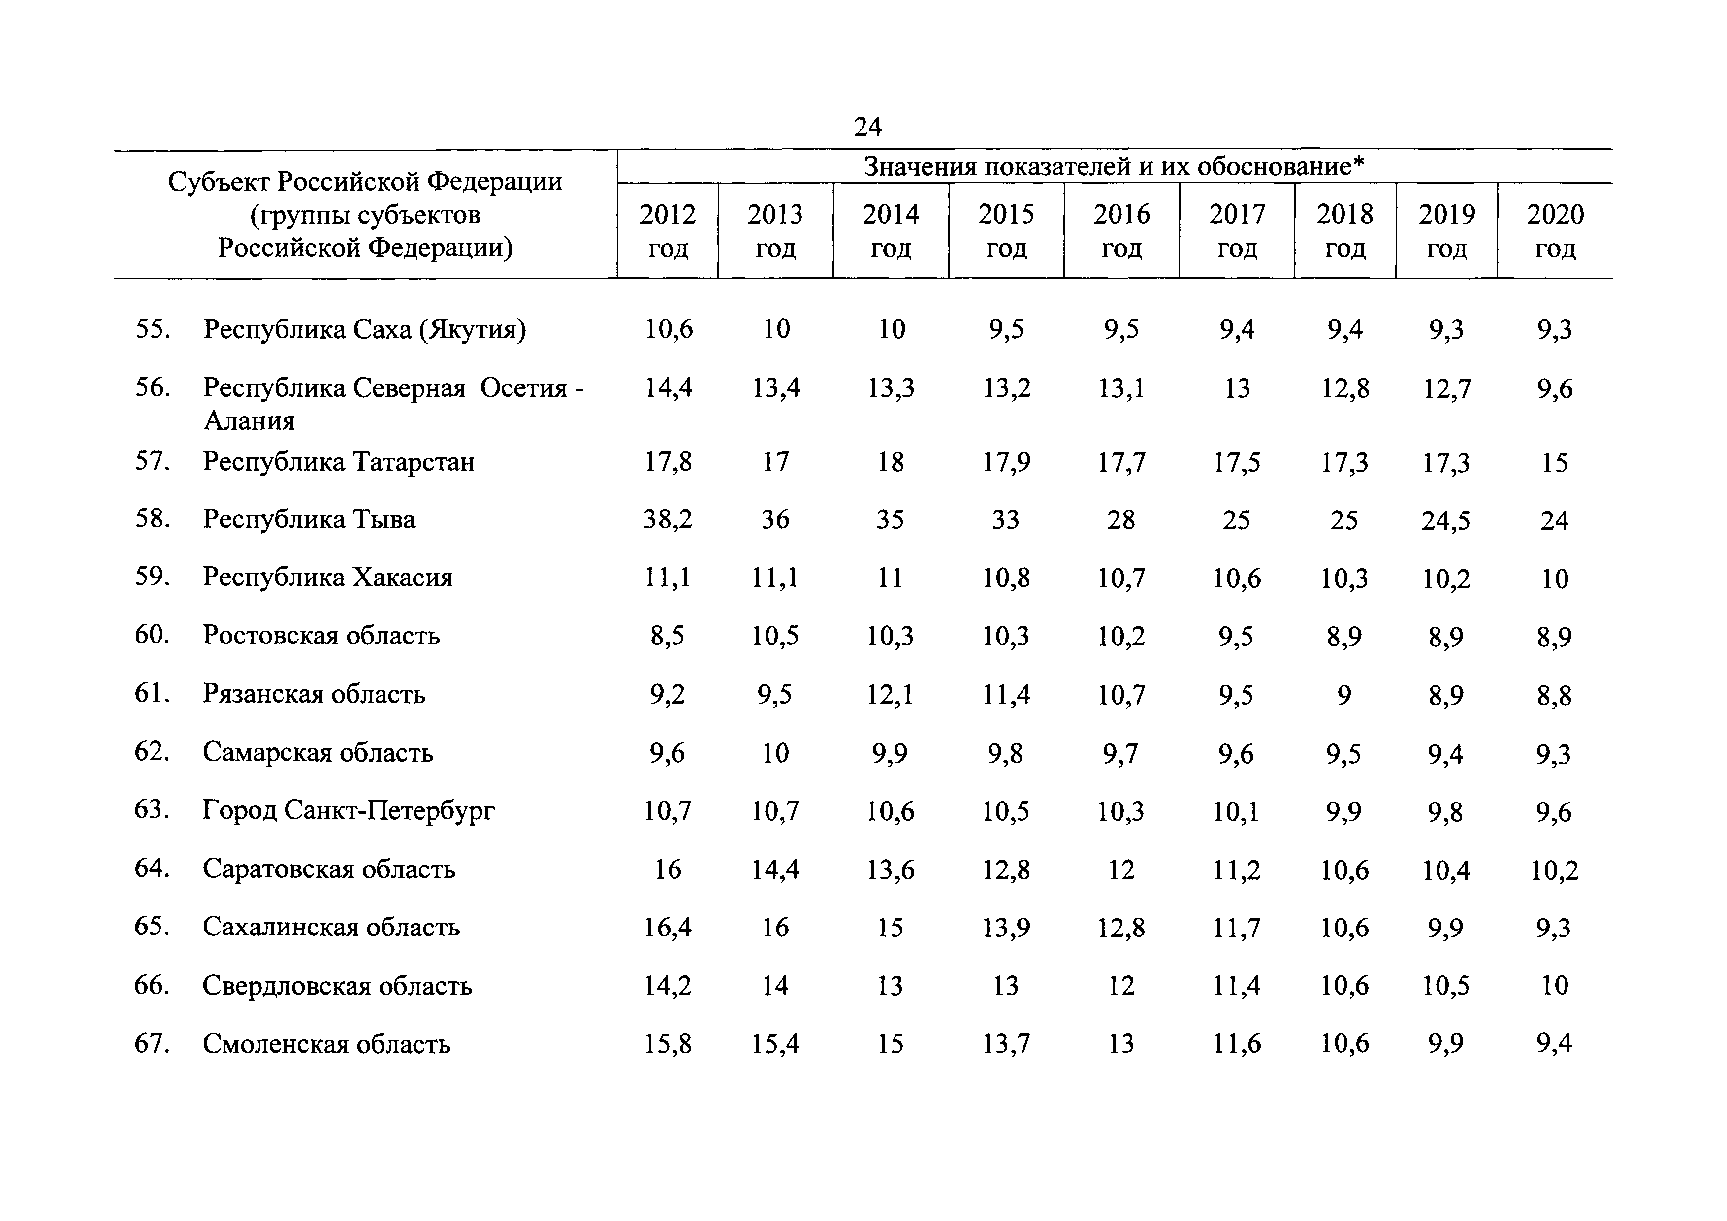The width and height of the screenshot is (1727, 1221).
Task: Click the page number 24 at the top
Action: point(867,127)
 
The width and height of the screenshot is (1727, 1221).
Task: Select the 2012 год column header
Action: point(668,231)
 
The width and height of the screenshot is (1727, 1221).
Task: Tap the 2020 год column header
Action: point(1555,231)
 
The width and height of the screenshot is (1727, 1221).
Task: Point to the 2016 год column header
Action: point(1121,231)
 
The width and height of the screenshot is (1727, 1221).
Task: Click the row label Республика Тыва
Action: point(309,519)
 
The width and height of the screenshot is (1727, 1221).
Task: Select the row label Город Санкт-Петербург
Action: point(349,810)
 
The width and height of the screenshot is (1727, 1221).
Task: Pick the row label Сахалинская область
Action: point(331,927)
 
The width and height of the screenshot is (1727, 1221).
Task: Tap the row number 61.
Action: point(152,693)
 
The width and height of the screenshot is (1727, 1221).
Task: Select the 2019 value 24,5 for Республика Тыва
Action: point(1446,520)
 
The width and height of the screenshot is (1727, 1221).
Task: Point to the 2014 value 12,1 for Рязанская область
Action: point(890,694)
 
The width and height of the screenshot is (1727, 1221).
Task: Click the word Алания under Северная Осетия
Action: point(249,420)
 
